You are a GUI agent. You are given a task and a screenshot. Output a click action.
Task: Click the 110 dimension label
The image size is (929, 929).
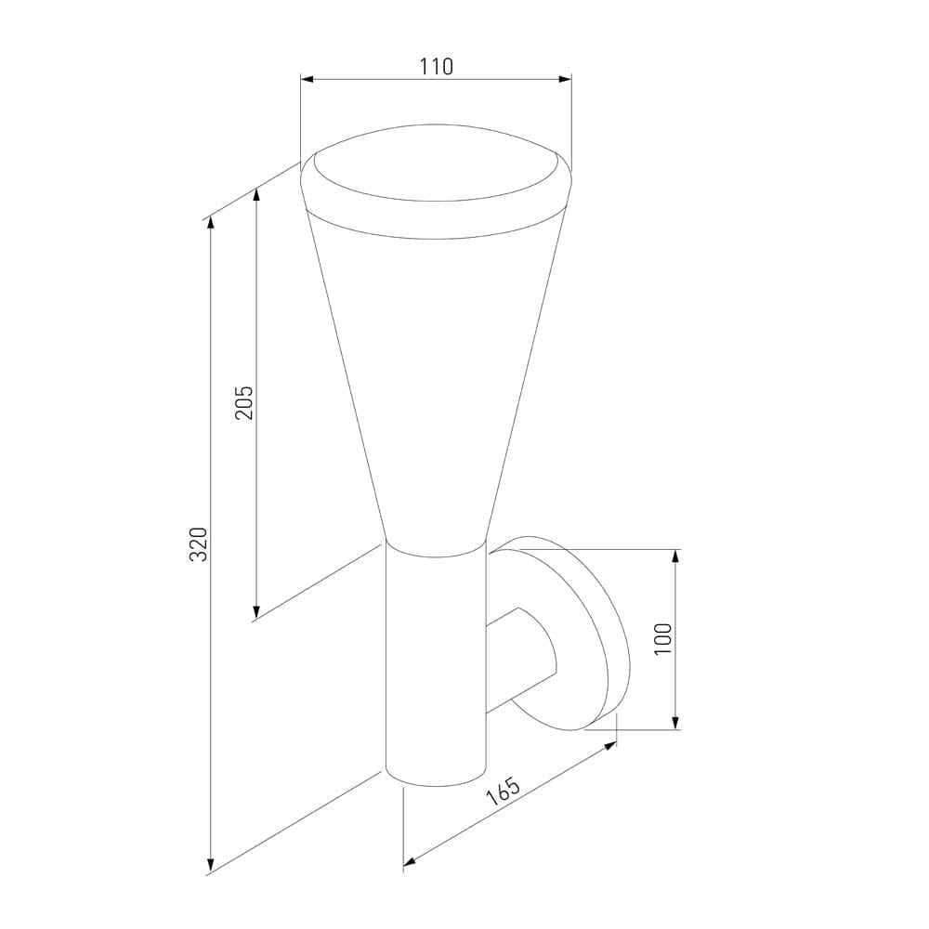[437, 66]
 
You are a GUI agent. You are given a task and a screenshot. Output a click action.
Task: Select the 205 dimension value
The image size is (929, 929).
[244, 403]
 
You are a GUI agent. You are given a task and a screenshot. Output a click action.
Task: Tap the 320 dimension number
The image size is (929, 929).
[199, 543]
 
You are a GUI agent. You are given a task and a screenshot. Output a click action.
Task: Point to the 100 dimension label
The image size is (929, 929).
[664, 638]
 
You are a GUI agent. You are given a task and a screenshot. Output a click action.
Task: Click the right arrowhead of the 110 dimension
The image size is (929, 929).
[565, 79]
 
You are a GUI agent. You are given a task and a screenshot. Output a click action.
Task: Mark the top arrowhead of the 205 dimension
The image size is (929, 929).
[256, 195]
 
